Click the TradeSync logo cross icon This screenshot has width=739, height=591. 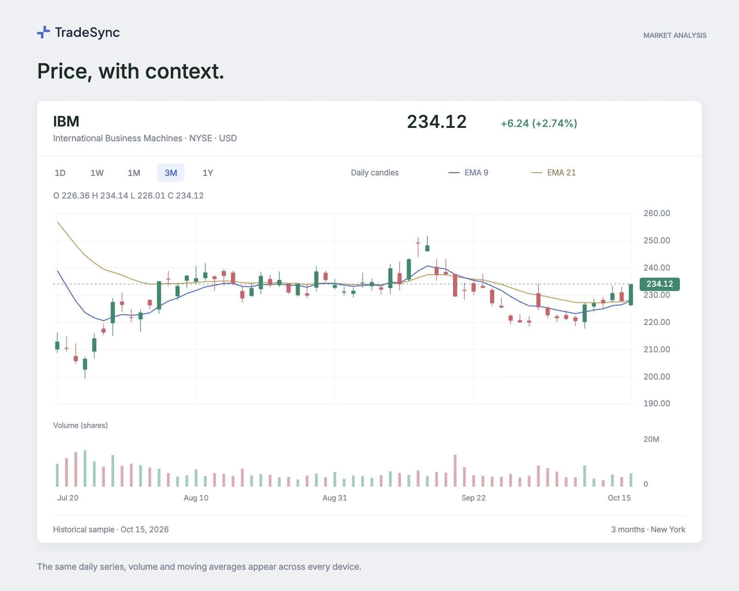[x=43, y=32]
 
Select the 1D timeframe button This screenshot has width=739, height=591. [x=60, y=173]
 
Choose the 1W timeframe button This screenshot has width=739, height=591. [x=97, y=173]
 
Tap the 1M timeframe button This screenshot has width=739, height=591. [x=134, y=173]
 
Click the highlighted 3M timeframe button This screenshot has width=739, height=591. [x=171, y=173]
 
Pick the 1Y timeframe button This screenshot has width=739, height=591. [x=208, y=173]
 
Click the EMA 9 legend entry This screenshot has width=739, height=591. [x=468, y=172]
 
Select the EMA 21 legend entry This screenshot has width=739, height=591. [x=553, y=172]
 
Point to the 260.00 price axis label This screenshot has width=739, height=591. [x=657, y=213]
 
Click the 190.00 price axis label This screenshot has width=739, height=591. [x=657, y=404]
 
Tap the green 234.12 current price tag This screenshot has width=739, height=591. [x=660, y=284]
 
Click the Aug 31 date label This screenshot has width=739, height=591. [x=334, y=498]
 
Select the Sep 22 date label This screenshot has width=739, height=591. [x=473, y=498]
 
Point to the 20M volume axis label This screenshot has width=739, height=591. [x=651, y=439]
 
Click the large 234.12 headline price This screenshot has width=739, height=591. [x=437, y=122]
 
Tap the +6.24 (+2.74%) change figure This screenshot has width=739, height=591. [x=539, y=123]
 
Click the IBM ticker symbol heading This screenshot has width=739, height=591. [x=66, y=121]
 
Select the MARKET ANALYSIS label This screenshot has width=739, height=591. [x=675, y=36]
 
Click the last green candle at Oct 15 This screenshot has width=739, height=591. [x=631, y=294]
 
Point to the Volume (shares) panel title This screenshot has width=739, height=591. [x=80, y=426]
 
